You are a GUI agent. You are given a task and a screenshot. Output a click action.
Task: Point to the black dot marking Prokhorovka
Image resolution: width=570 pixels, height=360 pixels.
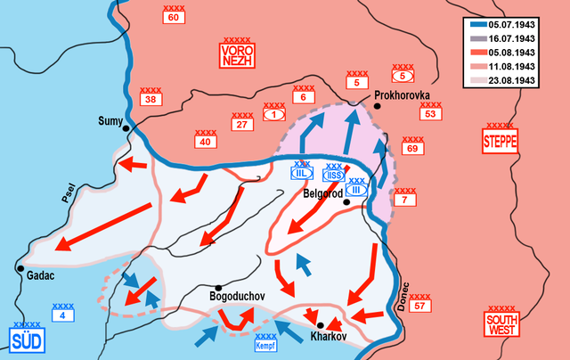(x=379, y=106)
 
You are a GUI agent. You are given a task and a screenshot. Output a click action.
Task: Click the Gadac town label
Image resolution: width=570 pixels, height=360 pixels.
(x=40, y=276)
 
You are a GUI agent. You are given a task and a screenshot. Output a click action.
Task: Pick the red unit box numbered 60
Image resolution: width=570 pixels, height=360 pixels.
(x=173, y=17)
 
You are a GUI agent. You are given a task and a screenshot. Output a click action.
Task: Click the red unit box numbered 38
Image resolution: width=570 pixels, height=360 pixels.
(x=150, y=100)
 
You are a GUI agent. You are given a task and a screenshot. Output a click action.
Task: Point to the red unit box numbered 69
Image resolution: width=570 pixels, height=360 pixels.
(x=411, y=148)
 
